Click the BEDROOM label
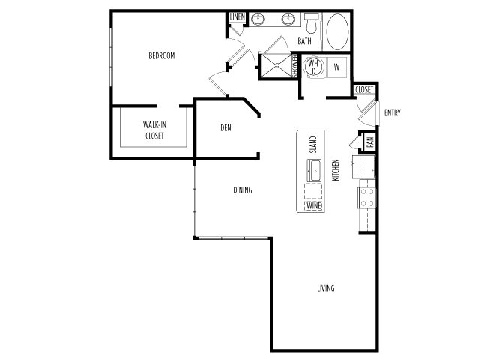click(162, 55)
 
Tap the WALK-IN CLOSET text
click(154, 130)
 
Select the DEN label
click(226, 128)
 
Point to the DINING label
click(242, 190)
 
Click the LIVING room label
click(326, 288)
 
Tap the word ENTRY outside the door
click(392, 112)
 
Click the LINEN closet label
click(238, 17)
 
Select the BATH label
click(304, 41)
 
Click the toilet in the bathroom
click(310, 23)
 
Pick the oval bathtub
click(337, 31)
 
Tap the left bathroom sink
click(258, 19)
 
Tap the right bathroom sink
click(288, 19)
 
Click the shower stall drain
click(277, 65)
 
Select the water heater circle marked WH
click(313, 67)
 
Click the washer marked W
click(337, 67)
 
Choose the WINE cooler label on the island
click(314, 205)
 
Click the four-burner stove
click(367, 197)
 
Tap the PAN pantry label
click(370, 142)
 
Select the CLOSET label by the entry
click(364, 90)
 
